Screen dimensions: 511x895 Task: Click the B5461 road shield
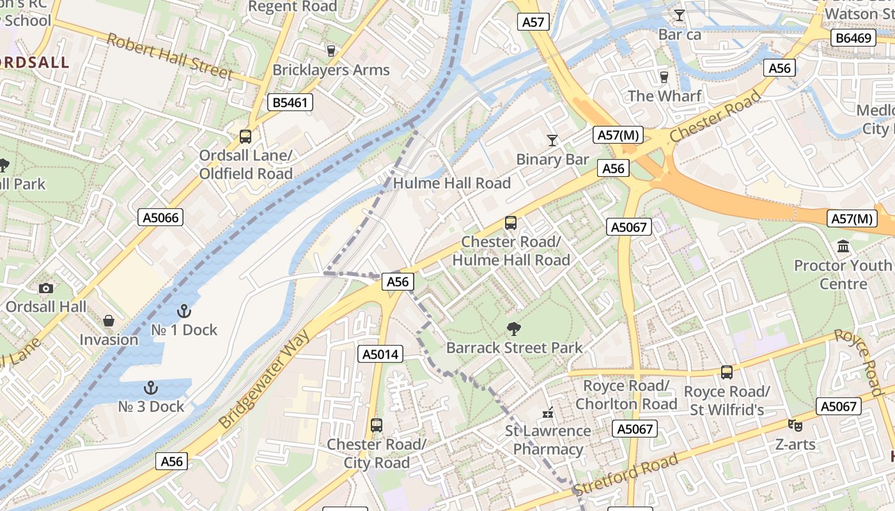(x=290, y=102)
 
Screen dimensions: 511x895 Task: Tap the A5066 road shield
(x=160, y=218)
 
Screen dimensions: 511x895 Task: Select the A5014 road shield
(x=380, y=354)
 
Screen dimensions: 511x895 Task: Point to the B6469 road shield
(x=853, y=38)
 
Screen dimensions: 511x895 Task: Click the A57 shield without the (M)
(x=533, y=22)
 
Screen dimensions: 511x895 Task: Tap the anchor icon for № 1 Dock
(x=184, y=311)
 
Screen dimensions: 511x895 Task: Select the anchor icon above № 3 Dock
(x=151, y=388)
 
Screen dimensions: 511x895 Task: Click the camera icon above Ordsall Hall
(x=46, y=288)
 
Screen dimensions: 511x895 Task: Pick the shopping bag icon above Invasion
(x=109, y=321)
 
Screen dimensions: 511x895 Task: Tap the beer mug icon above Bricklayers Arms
(x=331, y=50)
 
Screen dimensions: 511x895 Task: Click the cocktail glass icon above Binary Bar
(x=552, y=140)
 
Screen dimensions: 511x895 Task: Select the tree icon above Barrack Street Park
(x=513, y=329)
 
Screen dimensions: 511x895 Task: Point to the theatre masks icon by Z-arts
(x=795, y=425)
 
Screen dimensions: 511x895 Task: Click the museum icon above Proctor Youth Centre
(x=843, y=246)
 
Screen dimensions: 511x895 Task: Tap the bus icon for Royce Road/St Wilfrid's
(x=726, y=372)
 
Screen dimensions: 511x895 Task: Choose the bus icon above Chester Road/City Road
(x=377, y=425)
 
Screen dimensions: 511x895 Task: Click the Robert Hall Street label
(x=170, y=57)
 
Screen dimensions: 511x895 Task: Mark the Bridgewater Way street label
(x=263, y=379)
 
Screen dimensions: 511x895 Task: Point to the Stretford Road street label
(x=626, y=475)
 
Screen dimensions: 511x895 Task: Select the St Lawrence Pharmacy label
(x=548, y=439)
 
